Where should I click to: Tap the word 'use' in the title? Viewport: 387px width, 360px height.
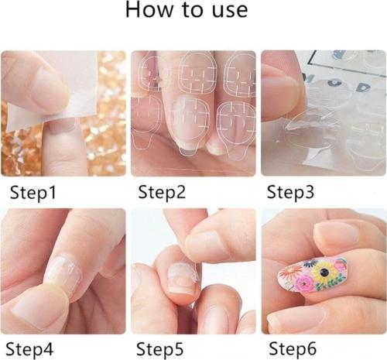coord(230,12)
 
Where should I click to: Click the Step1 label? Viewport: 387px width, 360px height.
coord(33,193)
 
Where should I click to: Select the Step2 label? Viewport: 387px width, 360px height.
coord(162,193)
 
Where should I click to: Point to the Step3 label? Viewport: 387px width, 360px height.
coord(290,193)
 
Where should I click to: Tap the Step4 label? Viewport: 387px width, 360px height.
coord(29,349)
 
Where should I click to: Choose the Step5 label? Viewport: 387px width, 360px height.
coord(159,349)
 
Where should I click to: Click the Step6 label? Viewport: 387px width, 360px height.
coord(293,349)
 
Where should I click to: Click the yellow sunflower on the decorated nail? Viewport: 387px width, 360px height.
coord(324,272)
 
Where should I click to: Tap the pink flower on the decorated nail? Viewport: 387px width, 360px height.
coord(307,284)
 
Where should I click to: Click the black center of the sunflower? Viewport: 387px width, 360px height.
coord(323,272)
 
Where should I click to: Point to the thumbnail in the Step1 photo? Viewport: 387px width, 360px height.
coord(48,87)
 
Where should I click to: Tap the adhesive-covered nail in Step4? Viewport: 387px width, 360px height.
coord(63,273)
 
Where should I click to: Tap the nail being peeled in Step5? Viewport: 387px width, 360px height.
coord(182,277)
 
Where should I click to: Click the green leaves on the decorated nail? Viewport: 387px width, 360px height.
coord(330,282)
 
